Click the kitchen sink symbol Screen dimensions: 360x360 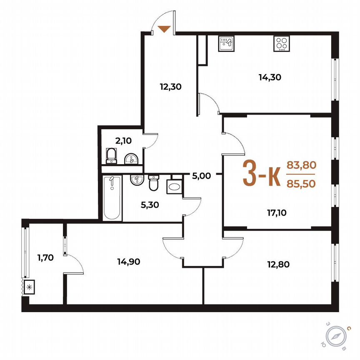coord(226,43)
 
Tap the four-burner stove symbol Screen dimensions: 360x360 coord(282,43)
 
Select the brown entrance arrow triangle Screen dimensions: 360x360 coord(165,29)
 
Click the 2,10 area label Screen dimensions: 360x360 coord(122,141)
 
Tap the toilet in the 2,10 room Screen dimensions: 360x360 coord(111,155)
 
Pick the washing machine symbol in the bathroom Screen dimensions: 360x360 coord(174,185)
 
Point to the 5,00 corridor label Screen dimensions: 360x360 coord(202,176)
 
